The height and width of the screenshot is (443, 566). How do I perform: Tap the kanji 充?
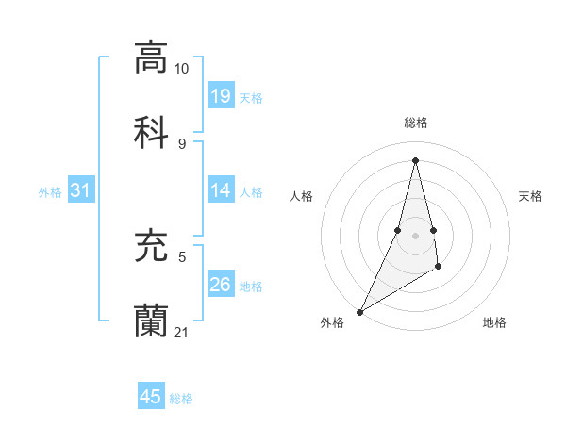151,246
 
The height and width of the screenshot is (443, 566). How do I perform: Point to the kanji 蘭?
151,320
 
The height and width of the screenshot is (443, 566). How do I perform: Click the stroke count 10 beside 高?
181,69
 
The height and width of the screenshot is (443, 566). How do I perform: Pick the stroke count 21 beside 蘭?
181,333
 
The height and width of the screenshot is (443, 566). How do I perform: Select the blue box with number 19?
221,96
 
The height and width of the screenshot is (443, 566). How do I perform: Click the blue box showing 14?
221,190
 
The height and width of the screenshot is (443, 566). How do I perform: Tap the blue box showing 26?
221,285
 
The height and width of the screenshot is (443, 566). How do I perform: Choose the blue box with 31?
81,190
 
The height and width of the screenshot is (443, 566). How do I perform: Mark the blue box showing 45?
151,397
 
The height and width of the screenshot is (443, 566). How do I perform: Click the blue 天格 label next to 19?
251,97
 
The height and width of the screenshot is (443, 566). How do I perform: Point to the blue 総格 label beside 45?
181,399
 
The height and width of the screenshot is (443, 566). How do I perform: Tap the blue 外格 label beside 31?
50,192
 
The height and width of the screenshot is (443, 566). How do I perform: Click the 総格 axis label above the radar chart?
415,123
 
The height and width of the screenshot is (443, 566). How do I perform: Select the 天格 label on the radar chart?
530,196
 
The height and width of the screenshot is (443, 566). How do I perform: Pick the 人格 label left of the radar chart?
301,196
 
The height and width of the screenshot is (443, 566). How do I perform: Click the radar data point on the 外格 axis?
360,311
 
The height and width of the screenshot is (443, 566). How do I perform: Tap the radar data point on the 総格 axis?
415,160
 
